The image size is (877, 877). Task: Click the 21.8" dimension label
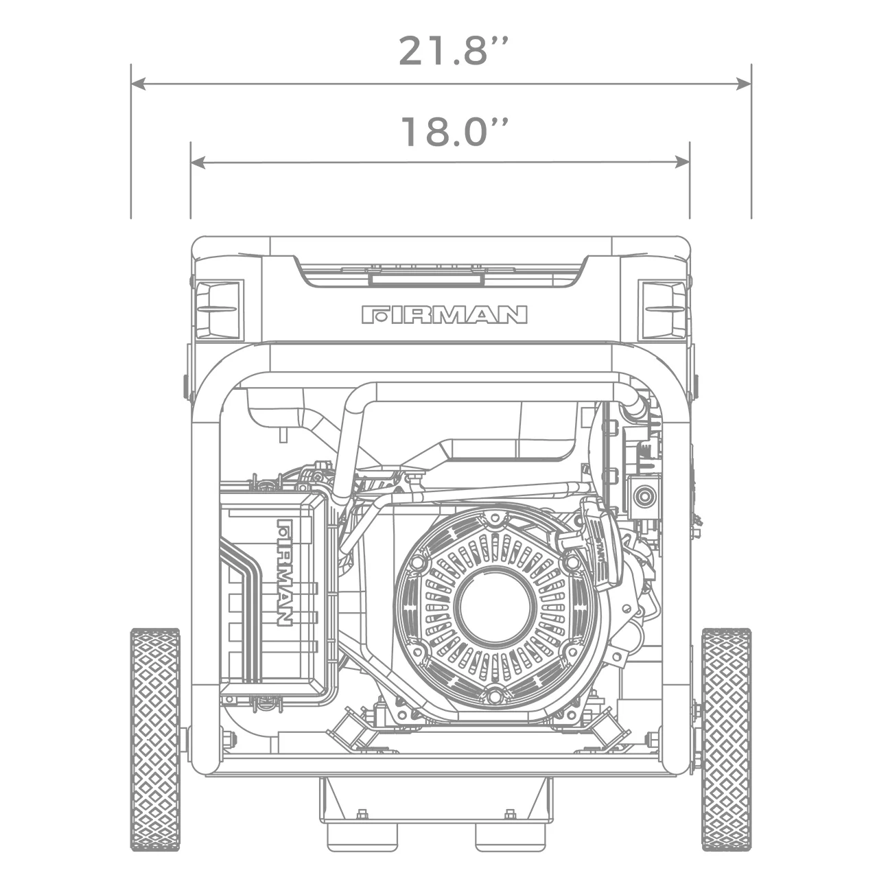tap(454, 51)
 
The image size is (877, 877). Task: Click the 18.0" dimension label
tap(454, 132)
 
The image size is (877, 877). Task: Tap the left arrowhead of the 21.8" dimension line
tap(137, 84)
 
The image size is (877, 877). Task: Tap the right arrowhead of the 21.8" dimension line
tap(744, 84)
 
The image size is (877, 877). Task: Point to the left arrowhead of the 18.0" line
tap(198, 163)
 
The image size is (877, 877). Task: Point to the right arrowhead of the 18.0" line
tap(682, 163)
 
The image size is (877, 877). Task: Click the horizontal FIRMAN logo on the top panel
tap(444, 315)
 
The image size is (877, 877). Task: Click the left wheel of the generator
tap(155, 738)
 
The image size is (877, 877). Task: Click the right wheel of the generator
tap(725, 738)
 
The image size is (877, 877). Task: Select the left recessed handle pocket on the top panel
tap(218, 310)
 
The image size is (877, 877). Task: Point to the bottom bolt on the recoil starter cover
tap(494, 696)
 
